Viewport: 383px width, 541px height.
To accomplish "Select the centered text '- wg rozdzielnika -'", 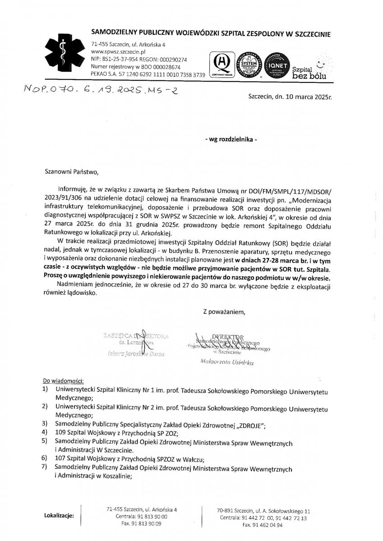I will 231,140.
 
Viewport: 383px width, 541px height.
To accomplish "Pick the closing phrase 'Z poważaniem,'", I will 224,311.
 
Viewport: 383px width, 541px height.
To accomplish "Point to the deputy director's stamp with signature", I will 136,344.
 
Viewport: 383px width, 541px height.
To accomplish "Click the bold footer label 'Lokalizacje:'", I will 59,515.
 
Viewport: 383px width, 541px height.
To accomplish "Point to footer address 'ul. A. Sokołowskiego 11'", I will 282,511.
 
